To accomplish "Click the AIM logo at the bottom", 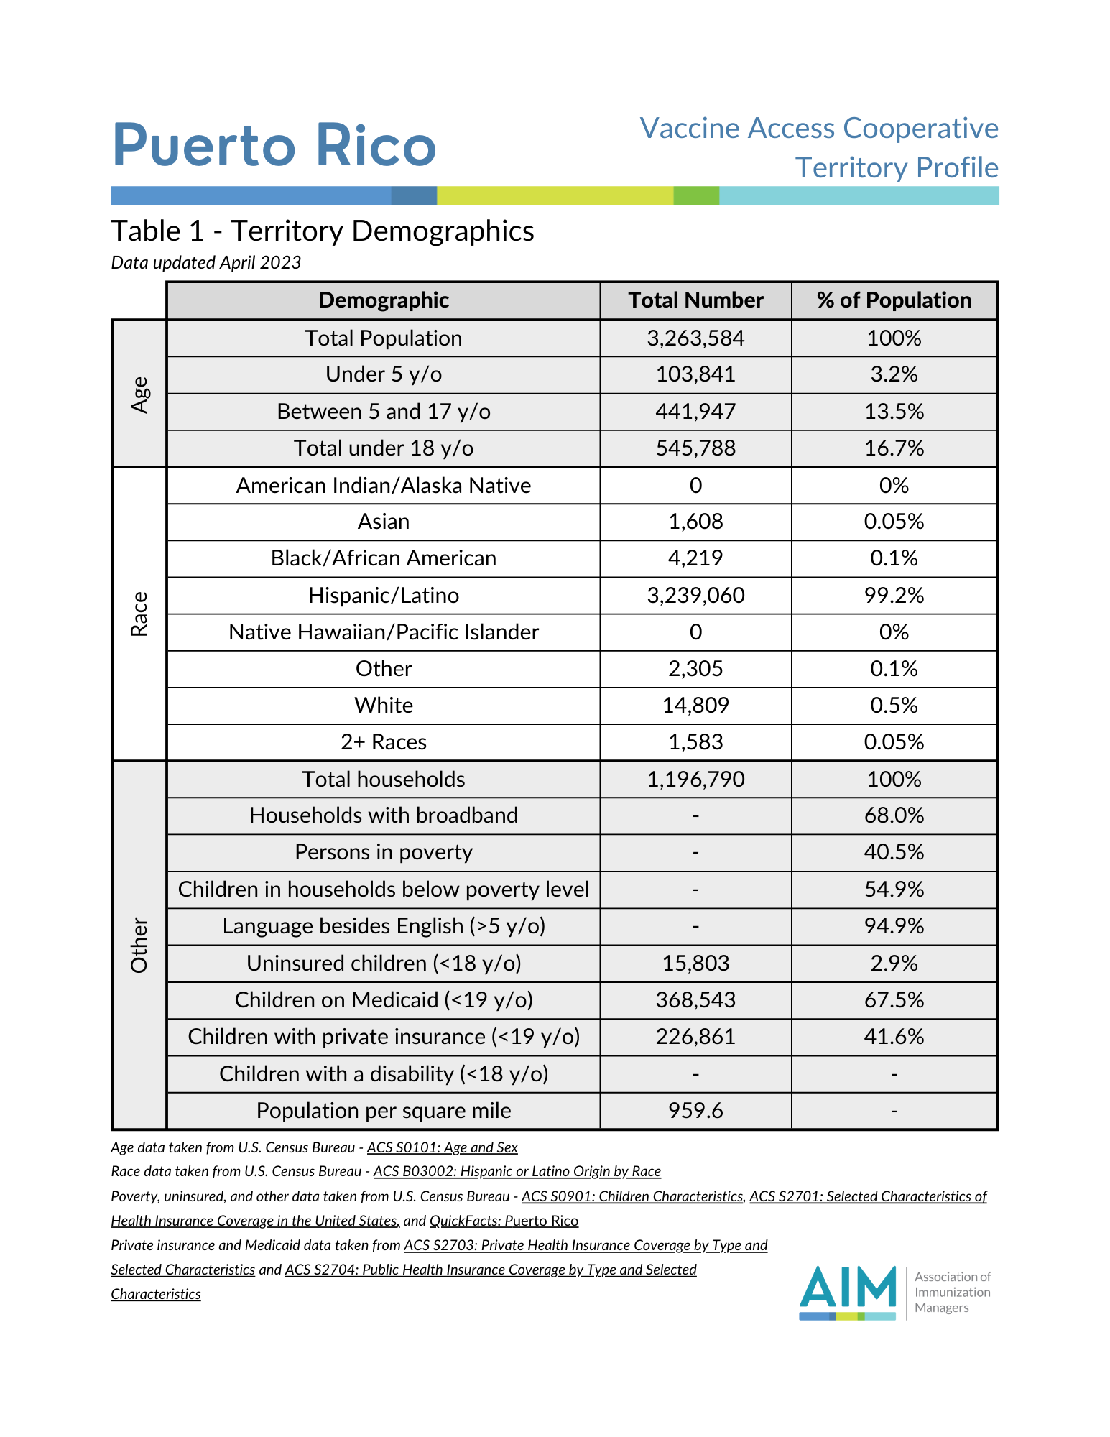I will pyautogui.click(x=848, y=1292).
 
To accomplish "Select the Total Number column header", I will pyautogui.click(x=695, y=300).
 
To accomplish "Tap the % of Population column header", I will pyautogui.click(x=894, y=300).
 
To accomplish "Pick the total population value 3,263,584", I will pyautogui.click(x=695, y=338).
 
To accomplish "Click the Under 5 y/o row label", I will pyautogui.click(x=384, y=374).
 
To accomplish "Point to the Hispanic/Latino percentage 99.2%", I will pyautogui.click(x=894, y=595).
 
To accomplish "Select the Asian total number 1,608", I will pyautogui.click(x=695, y=522).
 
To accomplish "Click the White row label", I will pyautogui.click(x=384, y=706).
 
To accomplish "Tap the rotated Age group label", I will pyautogui.click(x=139, y=394).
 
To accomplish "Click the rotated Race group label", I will pyautogui.click(x=139, y=614).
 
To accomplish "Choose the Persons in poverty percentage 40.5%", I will pyautogui.click(x=894, y=852).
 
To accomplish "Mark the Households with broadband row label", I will pyautogui.click(x=384, y=815).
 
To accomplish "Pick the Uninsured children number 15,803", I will pyautogui.click(x=695, y=963).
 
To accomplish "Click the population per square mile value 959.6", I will pyautogui.click(x=695, y=1111).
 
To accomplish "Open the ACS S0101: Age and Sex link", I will pyautogui.click(x=442, y=1147).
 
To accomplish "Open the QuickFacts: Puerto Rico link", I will pyautogui.click(x=504, y=1221).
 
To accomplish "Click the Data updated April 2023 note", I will pyautogui.click(x=206, y=263).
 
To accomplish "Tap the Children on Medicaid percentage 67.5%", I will pyautogui.click(x=894, y=1000).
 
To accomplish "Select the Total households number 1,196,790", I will pyautogui.click(x=695, y=780).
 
